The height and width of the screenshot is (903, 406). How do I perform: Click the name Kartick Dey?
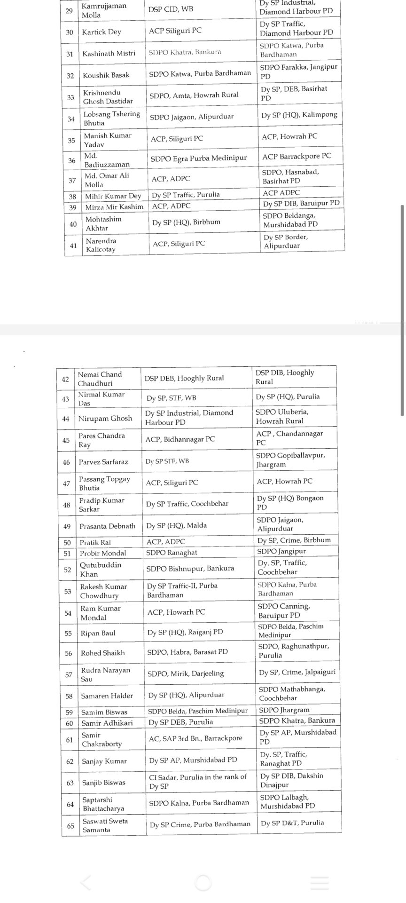coord(101,32)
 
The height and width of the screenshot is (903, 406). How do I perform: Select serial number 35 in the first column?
coord(71,140)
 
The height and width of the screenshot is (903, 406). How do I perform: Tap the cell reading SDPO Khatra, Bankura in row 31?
coord(185,52)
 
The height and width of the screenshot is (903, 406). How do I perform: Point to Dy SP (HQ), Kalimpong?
coord(299,115)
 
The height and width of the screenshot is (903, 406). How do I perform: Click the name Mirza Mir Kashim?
coord(114,207)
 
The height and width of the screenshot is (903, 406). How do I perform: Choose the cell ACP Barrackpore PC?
coord(297,157)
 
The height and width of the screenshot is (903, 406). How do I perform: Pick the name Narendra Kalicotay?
coord(101,245)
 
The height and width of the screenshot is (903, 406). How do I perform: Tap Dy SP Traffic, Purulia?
coord(186,195)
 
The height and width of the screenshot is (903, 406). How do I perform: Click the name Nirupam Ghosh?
coord(105,419)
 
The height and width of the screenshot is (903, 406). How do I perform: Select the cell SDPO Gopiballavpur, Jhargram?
coord(290,459)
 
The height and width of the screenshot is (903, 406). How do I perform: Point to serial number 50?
coord(67,543)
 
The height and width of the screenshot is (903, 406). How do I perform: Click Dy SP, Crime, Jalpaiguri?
coord(297,672)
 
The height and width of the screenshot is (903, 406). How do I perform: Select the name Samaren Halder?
coord(107,696)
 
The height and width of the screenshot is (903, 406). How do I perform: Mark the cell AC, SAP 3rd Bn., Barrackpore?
coord(195,738)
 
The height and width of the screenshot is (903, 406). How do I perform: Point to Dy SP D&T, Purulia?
coord(292,823)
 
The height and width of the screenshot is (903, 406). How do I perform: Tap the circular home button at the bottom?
coord(203,883)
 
